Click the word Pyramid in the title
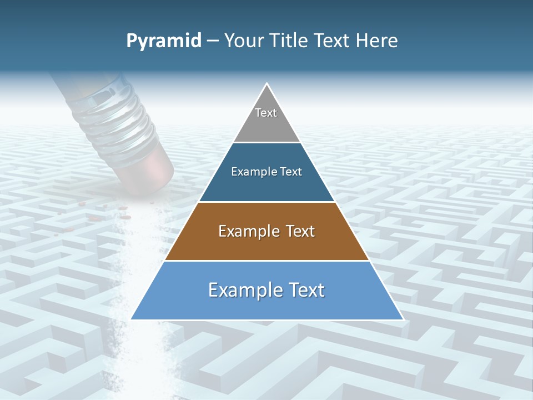(164, 41)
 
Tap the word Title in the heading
(290, 41)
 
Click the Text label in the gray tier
(266, 113)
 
